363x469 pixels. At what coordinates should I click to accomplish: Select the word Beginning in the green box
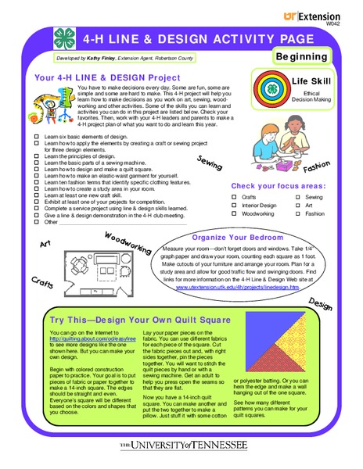[301, 57]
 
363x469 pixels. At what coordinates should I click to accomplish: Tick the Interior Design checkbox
[235, 206]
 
